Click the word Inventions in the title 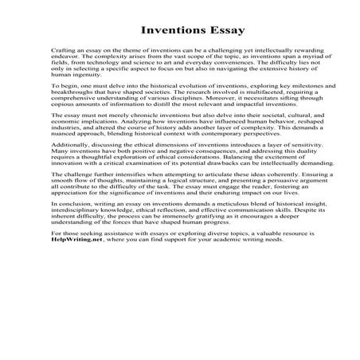tap(169, 33)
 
